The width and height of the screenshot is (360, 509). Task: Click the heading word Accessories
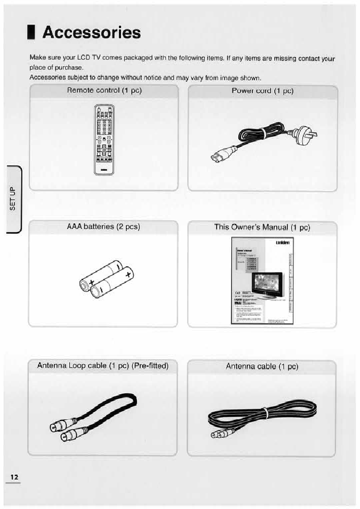[x=91, y=33]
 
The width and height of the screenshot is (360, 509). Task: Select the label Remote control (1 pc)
[x=104, y=90]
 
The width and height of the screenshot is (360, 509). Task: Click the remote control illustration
[x=103, y=139]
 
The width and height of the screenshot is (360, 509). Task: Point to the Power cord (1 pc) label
[x=263, y=91]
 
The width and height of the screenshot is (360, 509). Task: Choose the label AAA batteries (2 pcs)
[x=104, y=226]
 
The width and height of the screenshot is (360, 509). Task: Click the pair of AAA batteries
[x=106, y=278]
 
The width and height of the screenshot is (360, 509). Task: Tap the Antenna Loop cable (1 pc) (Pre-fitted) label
[x=103, y=366]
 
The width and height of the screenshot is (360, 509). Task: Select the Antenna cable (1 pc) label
[x=262, y=367]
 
